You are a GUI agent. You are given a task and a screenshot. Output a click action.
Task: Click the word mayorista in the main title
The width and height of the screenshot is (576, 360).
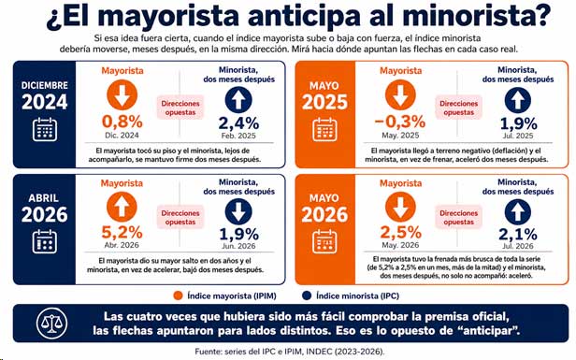168,16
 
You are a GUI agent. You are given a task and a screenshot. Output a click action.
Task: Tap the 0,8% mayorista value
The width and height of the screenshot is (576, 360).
122,122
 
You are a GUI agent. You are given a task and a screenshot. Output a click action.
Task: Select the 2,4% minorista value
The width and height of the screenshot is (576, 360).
238,123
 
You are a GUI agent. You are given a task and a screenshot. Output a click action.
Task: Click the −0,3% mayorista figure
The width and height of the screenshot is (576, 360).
399,122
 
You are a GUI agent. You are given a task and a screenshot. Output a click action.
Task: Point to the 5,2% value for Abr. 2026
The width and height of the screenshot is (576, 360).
122,232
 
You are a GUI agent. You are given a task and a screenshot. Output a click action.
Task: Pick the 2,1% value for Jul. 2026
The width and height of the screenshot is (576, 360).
518,234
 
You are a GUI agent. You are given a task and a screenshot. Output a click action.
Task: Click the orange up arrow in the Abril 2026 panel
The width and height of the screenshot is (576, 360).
122,207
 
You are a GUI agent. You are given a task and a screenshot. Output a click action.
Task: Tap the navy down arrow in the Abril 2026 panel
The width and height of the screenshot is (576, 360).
238,211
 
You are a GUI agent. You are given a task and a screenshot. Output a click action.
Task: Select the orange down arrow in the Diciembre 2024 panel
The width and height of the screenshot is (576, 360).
122,94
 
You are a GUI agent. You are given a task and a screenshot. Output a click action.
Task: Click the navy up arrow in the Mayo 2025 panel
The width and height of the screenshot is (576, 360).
518,99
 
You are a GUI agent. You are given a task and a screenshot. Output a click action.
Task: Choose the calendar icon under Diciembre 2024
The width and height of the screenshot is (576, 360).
45,129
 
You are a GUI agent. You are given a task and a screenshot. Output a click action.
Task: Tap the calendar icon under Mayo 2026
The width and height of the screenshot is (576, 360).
324,241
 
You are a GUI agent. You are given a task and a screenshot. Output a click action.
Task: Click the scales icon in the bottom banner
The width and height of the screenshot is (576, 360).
51,324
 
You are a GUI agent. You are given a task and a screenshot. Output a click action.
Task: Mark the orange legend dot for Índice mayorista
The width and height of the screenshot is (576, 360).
179,295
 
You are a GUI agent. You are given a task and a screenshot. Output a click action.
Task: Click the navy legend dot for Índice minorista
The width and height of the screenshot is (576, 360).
307,295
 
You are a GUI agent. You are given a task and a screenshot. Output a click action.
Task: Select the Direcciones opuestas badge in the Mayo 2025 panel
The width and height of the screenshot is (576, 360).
458,108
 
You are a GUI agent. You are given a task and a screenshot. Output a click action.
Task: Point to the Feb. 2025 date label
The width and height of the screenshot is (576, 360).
238,136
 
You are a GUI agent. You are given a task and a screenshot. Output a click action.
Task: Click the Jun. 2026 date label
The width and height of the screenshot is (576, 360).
238,246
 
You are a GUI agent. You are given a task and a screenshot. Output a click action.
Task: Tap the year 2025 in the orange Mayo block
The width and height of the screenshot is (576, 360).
324,102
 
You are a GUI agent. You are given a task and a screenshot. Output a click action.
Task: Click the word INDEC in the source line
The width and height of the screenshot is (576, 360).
319,352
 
